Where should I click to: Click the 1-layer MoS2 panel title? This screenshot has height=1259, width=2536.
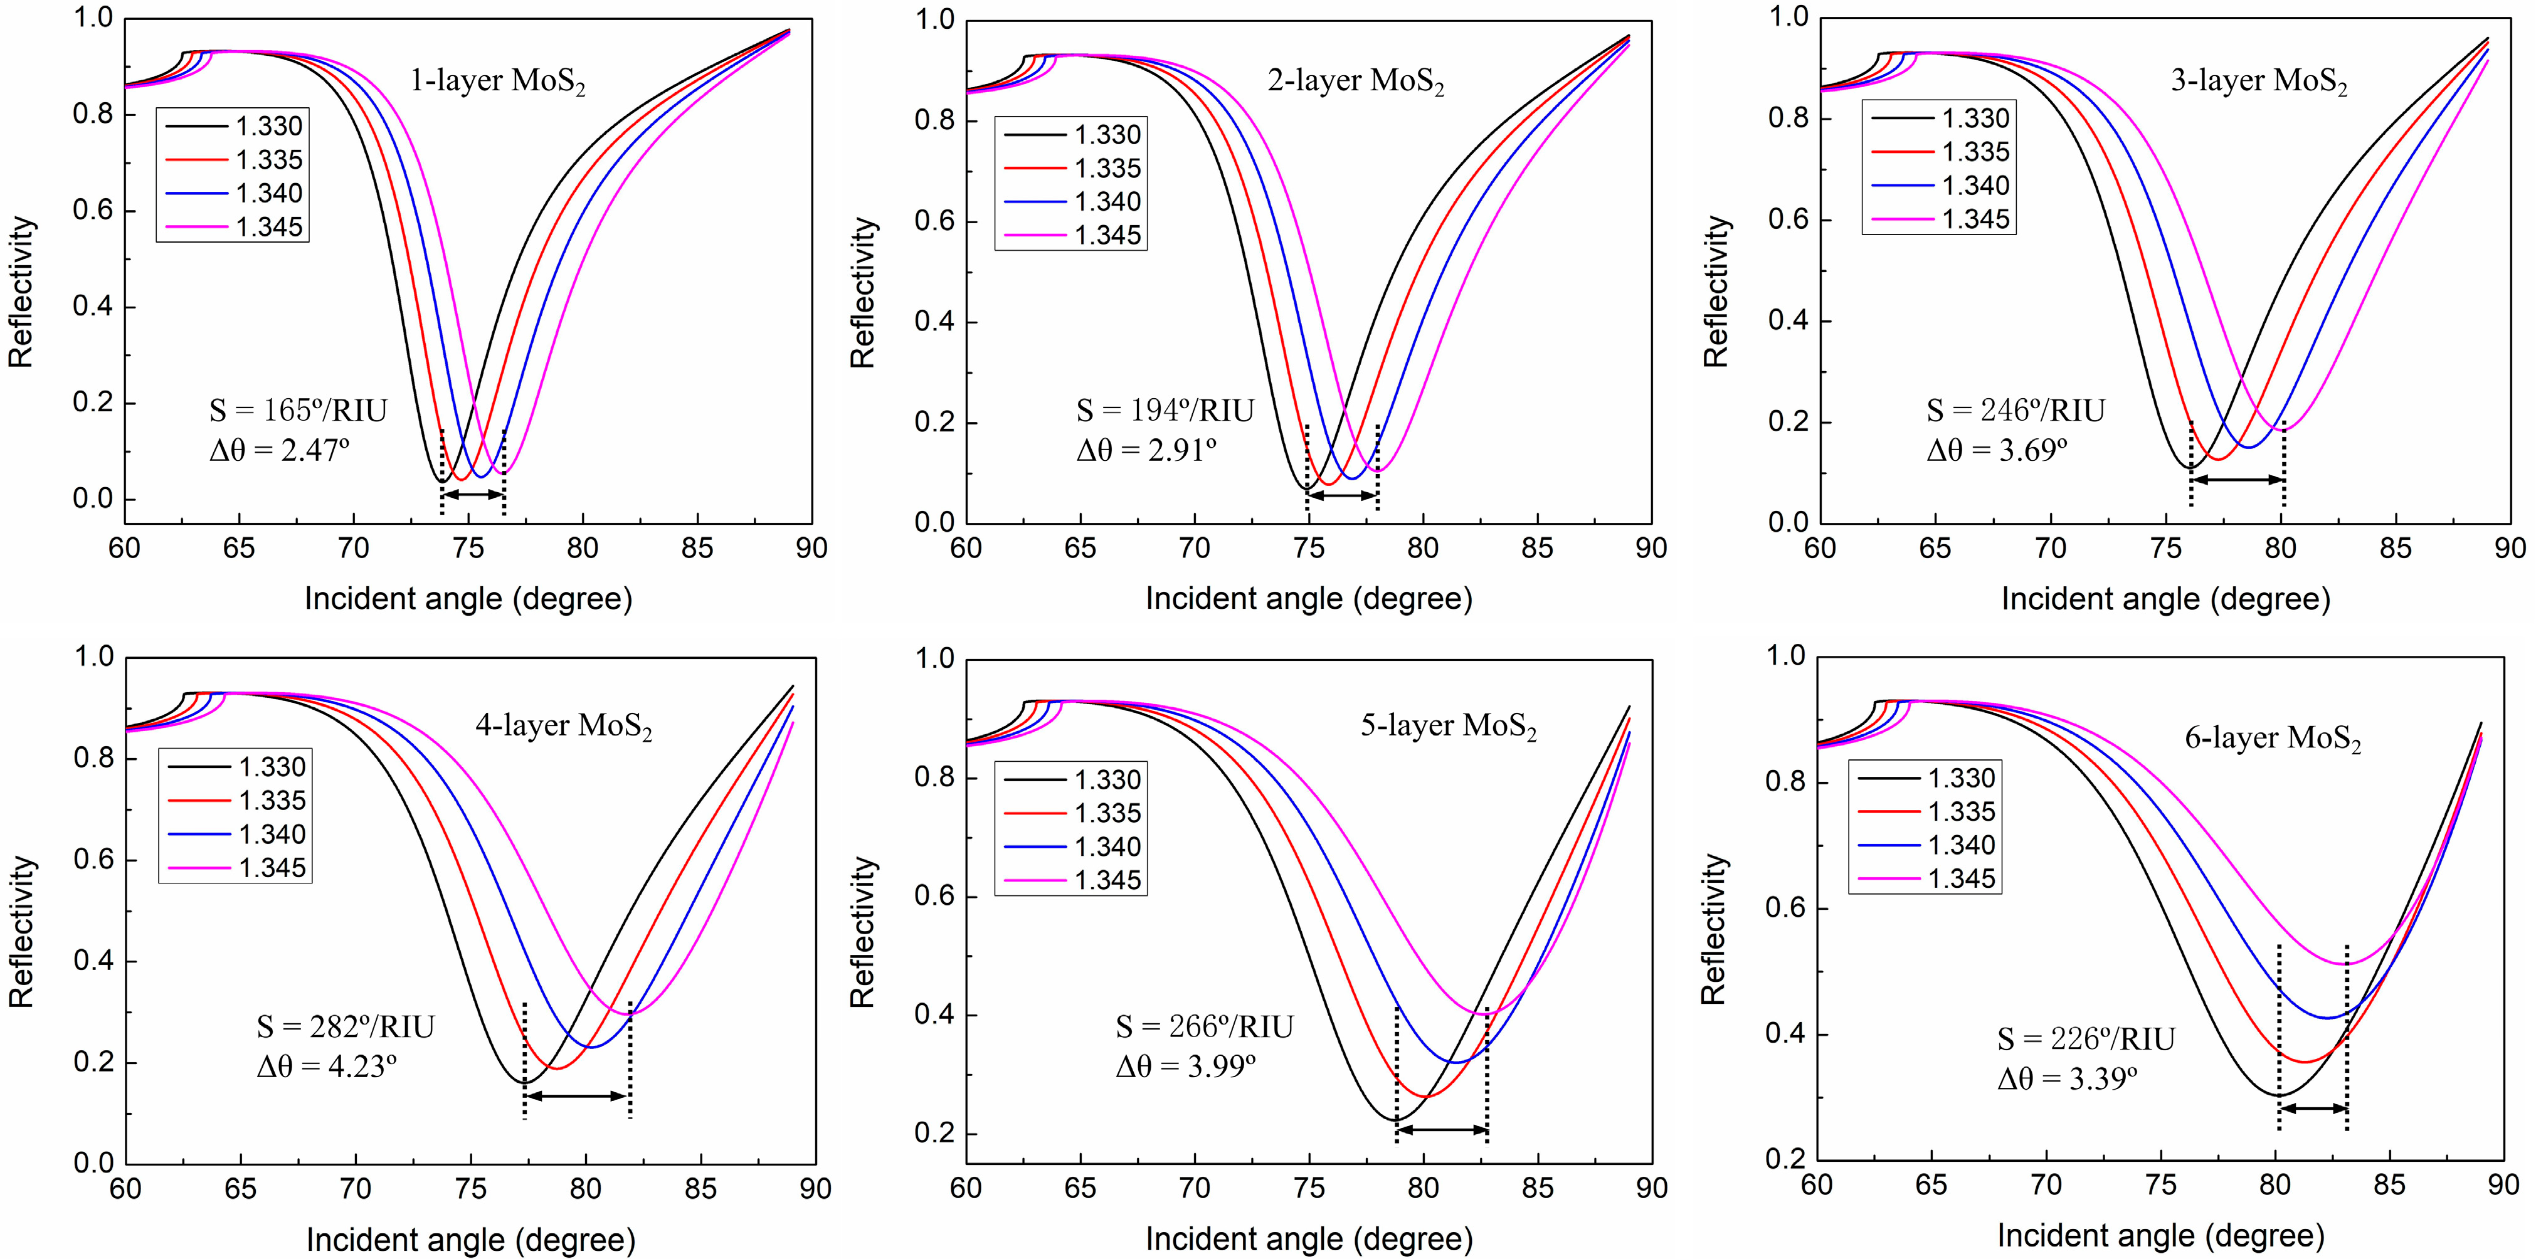pyautogui.click(x=497, y=82)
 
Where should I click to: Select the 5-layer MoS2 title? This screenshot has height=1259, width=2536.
pyautogui.click(x=1448, y=727)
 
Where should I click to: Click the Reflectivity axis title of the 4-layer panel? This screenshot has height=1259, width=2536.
pyautogui.click(x=22, y=931)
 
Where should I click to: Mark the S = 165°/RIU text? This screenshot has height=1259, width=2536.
pyautogui.click(x=299, y=411)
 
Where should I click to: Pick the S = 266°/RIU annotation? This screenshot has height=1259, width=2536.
pyautogui.click(x=1204, y=1026)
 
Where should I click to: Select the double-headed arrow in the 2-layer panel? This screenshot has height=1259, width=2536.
pyautogui.click(x=1342, y=496)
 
